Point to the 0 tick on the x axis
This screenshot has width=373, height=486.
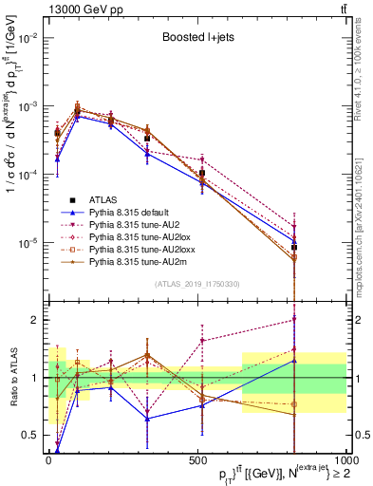coord(48,460)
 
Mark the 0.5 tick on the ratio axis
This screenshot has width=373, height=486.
coord(33,436)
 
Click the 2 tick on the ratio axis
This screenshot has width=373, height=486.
coord(37,320)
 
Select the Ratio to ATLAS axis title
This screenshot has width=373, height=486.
coord(11,378)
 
